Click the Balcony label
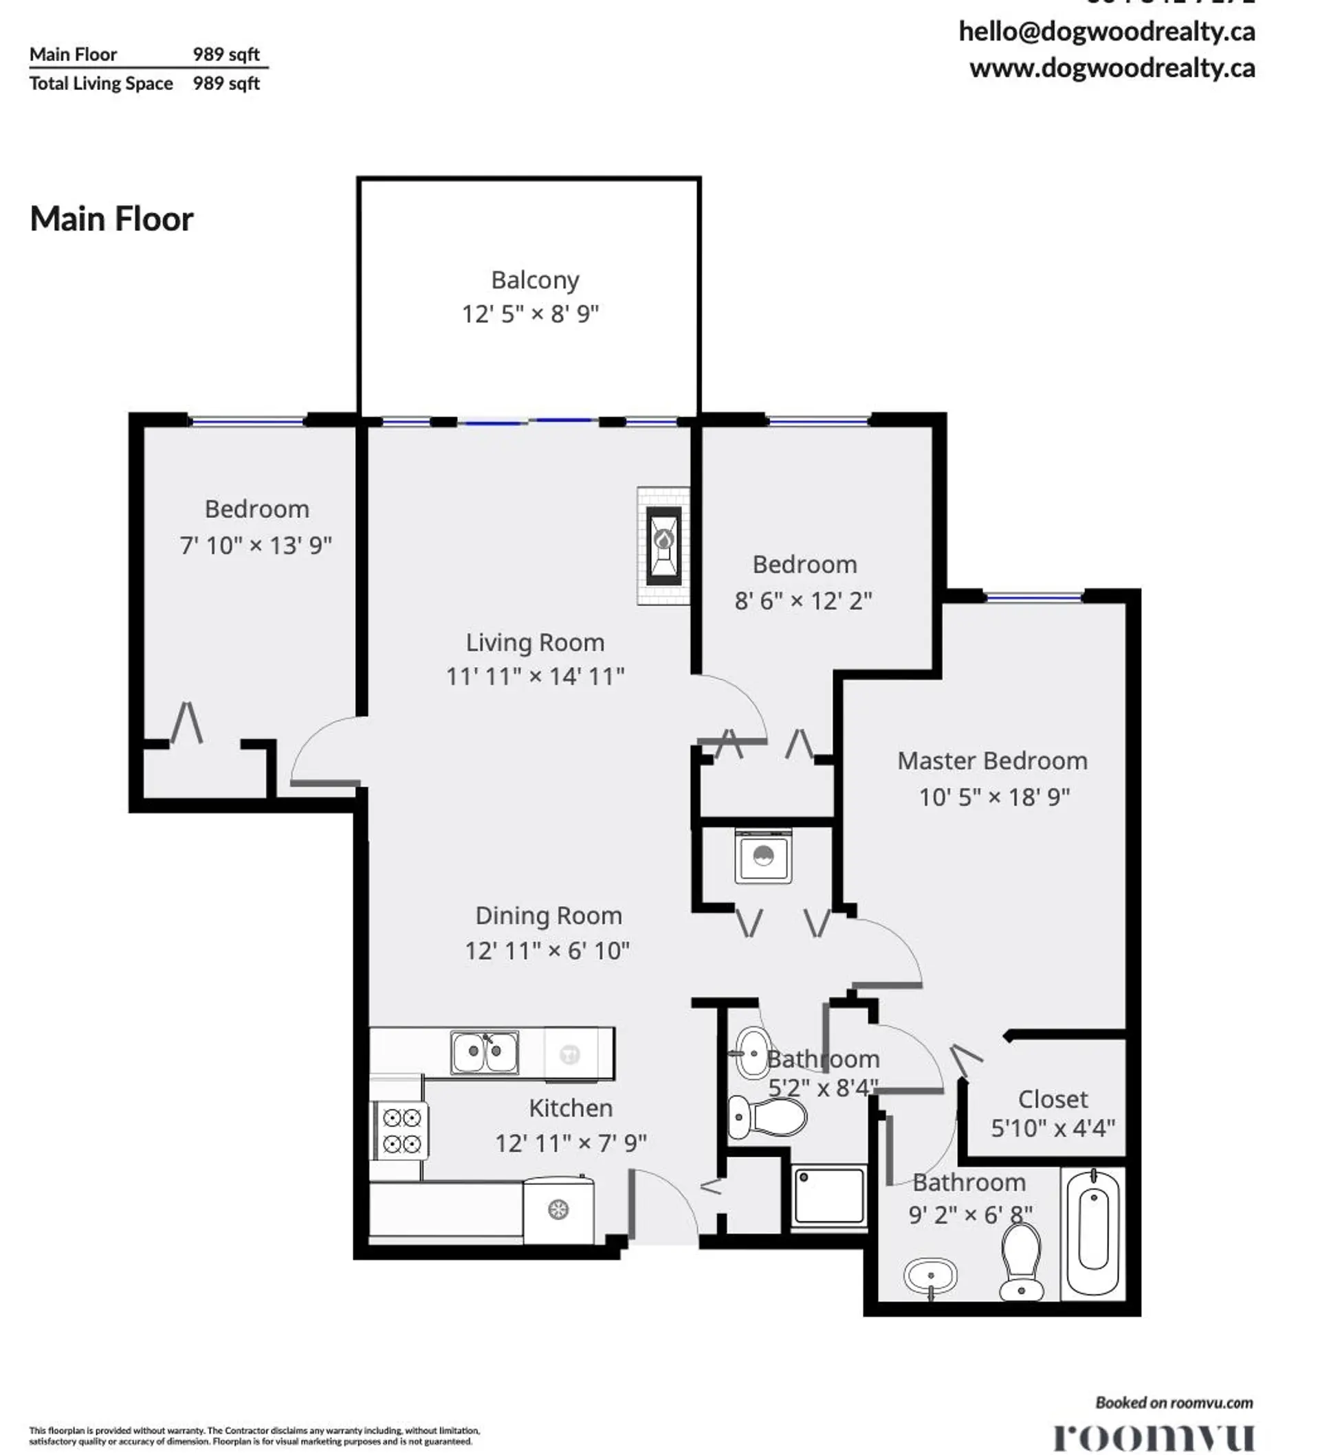(x=534, y=280)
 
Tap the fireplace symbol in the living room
(x=663, y=545)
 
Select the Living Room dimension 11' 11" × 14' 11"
(x=534, y=676)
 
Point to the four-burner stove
(x=401, y=1131)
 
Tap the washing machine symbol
(x=762, y=856)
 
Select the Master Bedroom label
(x=991, y=760)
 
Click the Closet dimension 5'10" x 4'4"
(x=1052, y=1128)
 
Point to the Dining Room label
(x=548, y=916)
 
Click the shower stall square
(x=829, y=1196)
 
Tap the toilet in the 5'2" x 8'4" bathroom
(x=765, y=1117)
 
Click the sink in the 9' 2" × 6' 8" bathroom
(x=930, y=1276)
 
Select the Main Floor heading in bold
(x=111, y=218)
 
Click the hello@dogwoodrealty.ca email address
(x=1106, y=32)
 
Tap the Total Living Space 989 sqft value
(x=225, y=84)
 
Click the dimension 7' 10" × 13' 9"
(x=256, y=545)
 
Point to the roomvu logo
(x=1152, y=1436)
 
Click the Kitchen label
(x=570, y=1108)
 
